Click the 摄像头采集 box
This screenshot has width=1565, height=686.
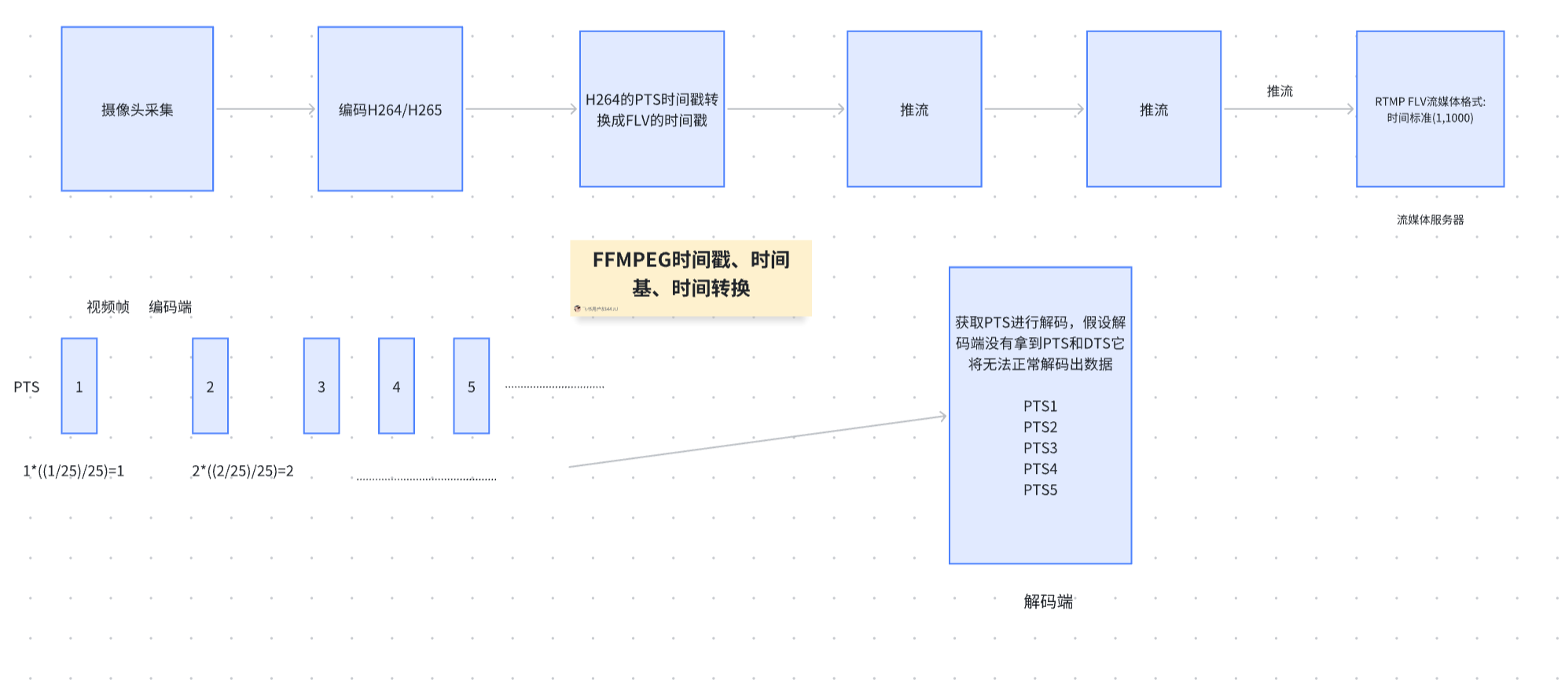[137, 109]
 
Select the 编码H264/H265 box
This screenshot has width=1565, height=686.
[390, 109]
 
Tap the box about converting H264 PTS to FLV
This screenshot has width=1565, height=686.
[652, 109]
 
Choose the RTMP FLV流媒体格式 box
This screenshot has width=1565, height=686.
[1429, 109]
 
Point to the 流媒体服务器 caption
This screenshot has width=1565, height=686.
[1430, 220]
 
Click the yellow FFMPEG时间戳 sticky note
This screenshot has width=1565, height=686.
[690, 277]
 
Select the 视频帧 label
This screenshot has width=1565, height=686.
[108, 307]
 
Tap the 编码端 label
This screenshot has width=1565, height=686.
[171, 307]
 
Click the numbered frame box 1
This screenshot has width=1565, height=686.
[79, 386]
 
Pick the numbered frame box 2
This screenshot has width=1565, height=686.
[210, 386]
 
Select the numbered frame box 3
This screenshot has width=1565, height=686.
[321, 386]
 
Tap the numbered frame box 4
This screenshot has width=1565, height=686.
[396, 386]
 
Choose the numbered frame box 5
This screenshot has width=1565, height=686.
[471, 386]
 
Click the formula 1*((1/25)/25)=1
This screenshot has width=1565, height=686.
[74, 471]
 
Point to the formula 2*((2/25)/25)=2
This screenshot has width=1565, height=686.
[243, 471]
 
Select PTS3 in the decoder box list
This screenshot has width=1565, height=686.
[1040, 448]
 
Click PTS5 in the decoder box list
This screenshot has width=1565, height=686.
[1040, 490]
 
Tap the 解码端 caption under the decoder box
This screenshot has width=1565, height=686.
[1048, 602]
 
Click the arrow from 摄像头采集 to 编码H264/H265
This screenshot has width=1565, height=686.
[265, 109]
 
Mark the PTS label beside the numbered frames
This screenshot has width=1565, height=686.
[27, 387]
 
